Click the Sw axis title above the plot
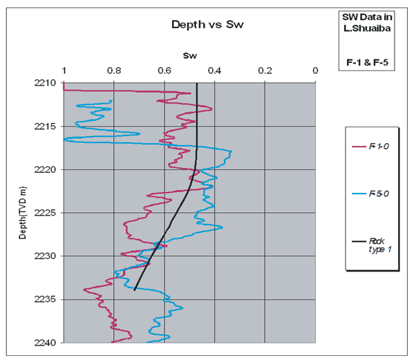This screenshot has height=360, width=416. tap(189, 55)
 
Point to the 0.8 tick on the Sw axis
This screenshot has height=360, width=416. tap(114, 70)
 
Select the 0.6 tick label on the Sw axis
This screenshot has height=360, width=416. tap(164, 70)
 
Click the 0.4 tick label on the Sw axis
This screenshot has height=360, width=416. tap(215, 70)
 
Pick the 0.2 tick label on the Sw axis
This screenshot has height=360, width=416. tap(265, 70)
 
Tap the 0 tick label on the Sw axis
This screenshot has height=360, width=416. tap(315, 70)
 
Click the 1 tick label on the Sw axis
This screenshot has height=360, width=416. tap(64, 70)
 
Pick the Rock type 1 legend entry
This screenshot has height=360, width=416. tap(379, 245)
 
